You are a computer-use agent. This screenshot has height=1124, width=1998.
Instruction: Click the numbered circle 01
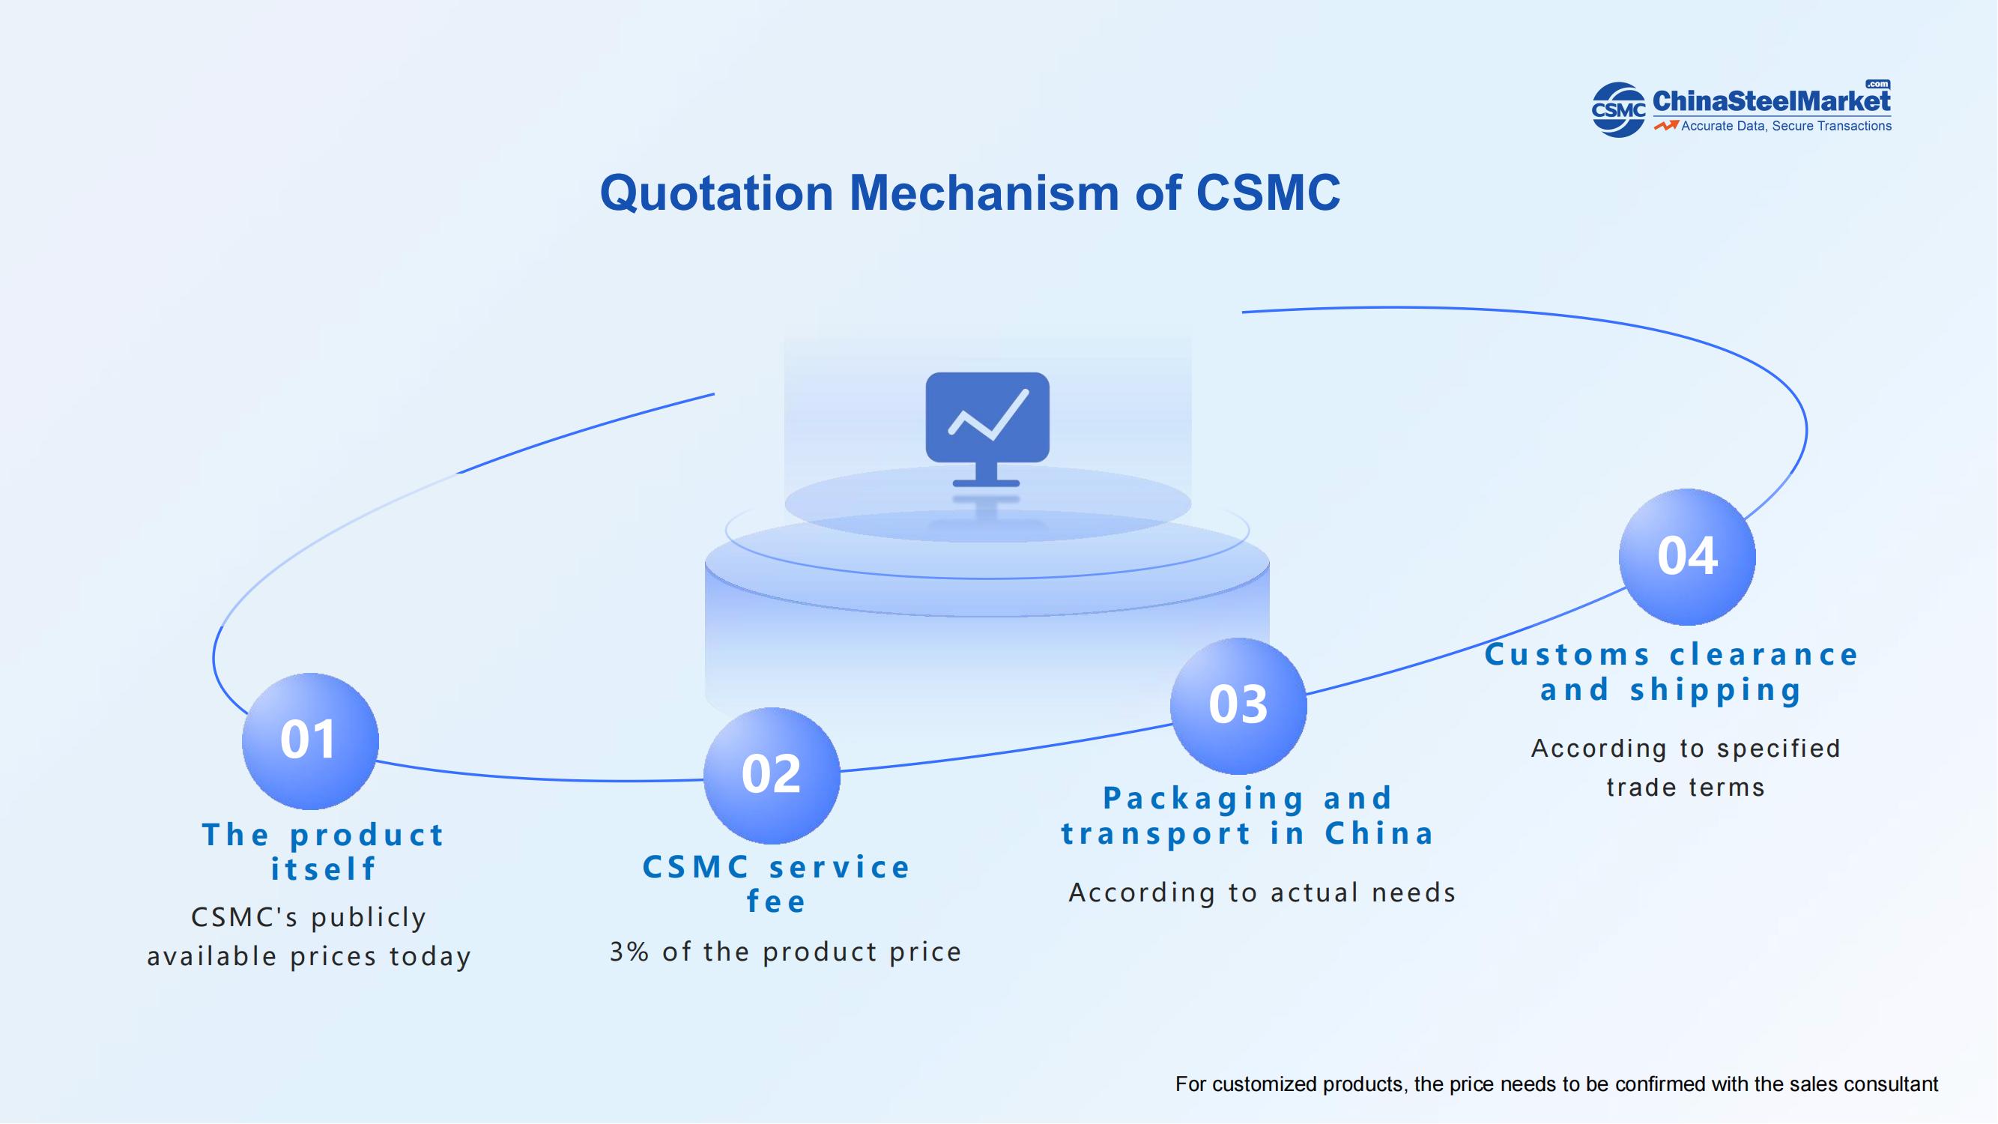pyautogui.click(x=310, y=741)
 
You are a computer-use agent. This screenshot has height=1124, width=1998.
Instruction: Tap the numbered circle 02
pyautogui.click(x=772, y=776)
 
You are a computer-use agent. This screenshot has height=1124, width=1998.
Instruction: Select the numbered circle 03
pyautogui.click(x=1238, y=706)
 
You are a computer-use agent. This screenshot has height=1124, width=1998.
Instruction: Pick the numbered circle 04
pyautogui.click(x=1687, y=557)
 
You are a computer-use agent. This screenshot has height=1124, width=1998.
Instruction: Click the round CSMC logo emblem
pyautogui.click(x=1618, y=110)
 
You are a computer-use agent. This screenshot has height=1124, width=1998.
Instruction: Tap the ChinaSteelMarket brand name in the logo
pyautogui.click(x=1772, y=101)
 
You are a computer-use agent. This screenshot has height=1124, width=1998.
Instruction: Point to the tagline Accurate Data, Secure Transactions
pyautogui.click(x=1786, y=126)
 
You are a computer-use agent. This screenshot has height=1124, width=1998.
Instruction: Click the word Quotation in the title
pyautogui.click(x=717, y=193)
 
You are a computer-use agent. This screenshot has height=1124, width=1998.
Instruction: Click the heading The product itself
pyautogui.click(x=324, y=852)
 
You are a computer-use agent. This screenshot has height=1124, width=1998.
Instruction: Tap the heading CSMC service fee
pyautogui.click(x=776, y=884)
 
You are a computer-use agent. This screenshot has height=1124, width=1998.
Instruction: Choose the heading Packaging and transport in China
pyautogui.click(x=1248, y=815)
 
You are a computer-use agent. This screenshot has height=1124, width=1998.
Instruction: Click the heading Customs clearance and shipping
pyautogui.click(x=1671, y=671)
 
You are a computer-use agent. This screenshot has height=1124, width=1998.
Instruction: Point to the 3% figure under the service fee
pyautogui.click(x=629, y=952)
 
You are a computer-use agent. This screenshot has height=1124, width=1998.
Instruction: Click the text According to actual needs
pyautogui.click(x=1262, y=893)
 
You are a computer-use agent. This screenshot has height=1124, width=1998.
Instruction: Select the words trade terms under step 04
pyautogui.click(x=1686, y=788)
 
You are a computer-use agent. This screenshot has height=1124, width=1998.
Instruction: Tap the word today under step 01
pyautogui.click(x=431, y=956)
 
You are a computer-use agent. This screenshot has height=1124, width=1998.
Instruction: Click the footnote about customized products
pyautogui.click(x=1557, y=1084)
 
